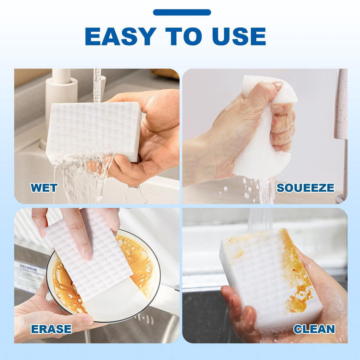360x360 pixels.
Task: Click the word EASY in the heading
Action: tap(121, 36)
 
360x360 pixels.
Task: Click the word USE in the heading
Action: tap(239, 36)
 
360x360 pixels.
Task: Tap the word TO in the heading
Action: tap(184, 36)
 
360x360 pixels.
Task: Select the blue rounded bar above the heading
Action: tap(182, 12)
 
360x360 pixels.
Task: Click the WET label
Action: tap(44, 188)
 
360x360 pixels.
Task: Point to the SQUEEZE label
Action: tap(306, 188)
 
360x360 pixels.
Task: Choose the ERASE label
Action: tap(51, 329)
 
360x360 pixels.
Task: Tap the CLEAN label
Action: tap(314, 329)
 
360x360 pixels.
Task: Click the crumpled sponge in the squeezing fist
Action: tap(264, 129)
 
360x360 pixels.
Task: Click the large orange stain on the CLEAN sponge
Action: tap(296, 276)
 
